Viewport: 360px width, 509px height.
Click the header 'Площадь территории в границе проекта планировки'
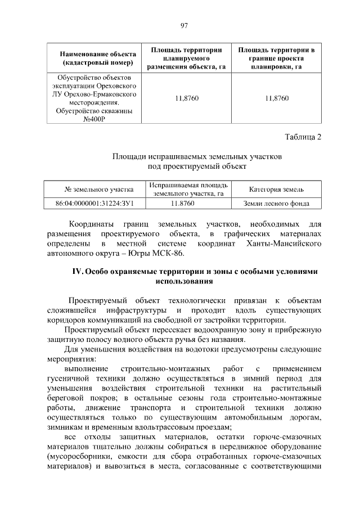point(276,58)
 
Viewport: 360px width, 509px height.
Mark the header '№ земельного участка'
point(94,190)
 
